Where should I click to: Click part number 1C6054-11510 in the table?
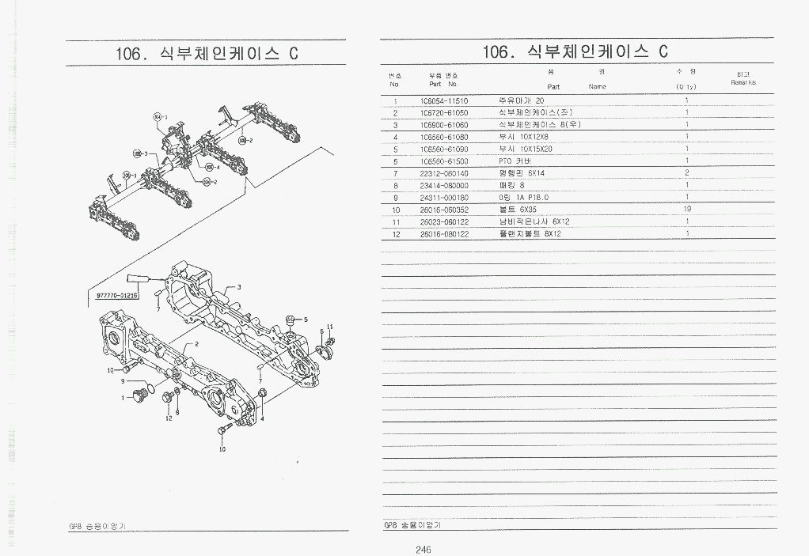443,101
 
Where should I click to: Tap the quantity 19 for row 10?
686,209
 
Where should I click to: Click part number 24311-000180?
443,197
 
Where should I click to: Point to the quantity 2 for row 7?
686,172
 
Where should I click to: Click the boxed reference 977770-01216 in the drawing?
117,295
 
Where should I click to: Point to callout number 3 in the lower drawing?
239,287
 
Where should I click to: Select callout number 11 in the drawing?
330,327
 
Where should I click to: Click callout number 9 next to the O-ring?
123,381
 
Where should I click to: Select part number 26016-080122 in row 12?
443,233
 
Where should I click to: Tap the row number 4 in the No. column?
394,137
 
